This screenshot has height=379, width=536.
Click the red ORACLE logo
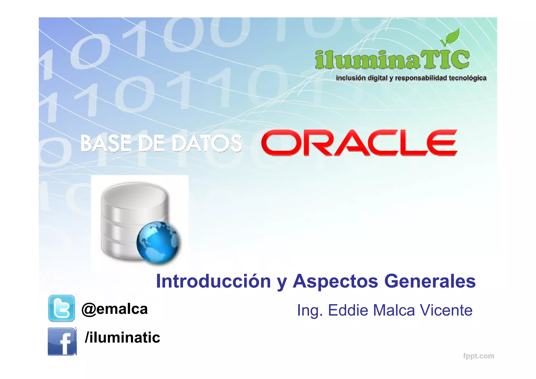click(x=359, y=143)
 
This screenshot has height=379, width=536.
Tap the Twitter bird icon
click(x=62, y=308)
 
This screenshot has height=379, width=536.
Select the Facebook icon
click(x=62, y=341)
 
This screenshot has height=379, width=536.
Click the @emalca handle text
click(x=115, y=309)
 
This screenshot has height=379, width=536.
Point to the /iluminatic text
click(x=122, y=337)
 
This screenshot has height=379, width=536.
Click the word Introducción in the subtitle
click(x=213, y=281)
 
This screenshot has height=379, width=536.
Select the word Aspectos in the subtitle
click(x=336, y=282)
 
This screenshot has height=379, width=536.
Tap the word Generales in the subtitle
click(x=430, y=281)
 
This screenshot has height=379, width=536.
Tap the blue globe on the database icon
click(x=158, y=242)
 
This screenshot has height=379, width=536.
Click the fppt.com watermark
click(x=478, y=356)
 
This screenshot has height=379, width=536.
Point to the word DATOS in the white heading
click(x=207, y=143)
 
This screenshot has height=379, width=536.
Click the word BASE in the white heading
click(x=106, y=143)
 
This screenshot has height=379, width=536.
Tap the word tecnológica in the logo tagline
click(x=467, y=78)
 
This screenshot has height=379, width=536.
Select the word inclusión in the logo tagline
click(x=351, y=78)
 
